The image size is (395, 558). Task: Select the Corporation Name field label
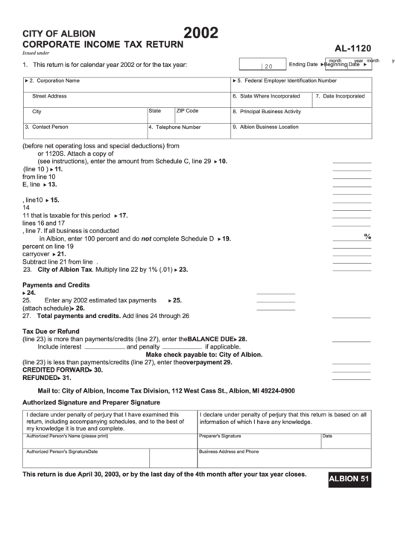[x=57, y=80]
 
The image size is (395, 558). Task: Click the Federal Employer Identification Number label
[x=287, y=80]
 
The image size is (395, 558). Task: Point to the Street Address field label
[x=49, y=96]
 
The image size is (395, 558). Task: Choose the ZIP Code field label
[x=187, y=111]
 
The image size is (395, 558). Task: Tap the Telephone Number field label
[x=176, y=127]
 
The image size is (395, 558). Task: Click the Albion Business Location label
[x=267, y=127]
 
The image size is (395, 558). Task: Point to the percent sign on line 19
[x=367, y=237]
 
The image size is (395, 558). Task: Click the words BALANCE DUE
[x=211, y=339]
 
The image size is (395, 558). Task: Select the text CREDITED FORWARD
[x=54, y=370]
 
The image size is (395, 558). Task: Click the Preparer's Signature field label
[x=220, y=436]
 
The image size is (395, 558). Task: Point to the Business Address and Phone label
[x=229, y=451]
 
